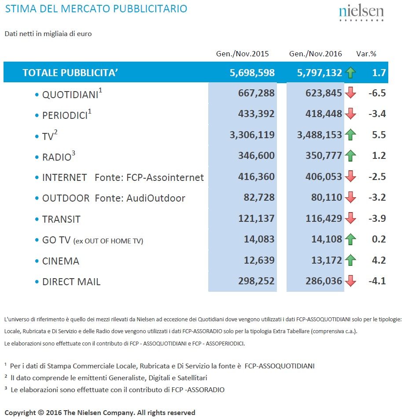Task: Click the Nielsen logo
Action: tap(361, 13)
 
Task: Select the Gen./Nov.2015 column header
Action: tap(242, 54)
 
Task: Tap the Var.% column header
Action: tap(366, 54)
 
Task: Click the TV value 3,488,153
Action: tap(319, 135)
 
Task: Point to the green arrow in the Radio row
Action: tap(350, 155)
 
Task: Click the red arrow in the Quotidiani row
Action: tap(350, 93)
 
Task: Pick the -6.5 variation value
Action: tap(377, 93)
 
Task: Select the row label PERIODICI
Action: tap(65, 115)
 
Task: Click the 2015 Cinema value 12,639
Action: tap(259, 260)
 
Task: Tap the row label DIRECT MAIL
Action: tap(71, 282)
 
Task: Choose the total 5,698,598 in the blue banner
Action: tap(252, 73)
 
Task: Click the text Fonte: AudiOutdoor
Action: tap(140, 198)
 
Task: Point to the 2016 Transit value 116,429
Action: tap(324, 218)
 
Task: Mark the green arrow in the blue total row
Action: tap(350, 73)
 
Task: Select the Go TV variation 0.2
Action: tap(379, 239)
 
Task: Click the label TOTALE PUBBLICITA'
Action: tap(70, 73)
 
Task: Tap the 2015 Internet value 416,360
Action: tap(256, 176)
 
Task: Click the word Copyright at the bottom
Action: tap(20, 413)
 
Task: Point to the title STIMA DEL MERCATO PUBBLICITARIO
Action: tap(96, 9)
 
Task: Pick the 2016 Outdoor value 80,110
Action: tap(326, 198)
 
